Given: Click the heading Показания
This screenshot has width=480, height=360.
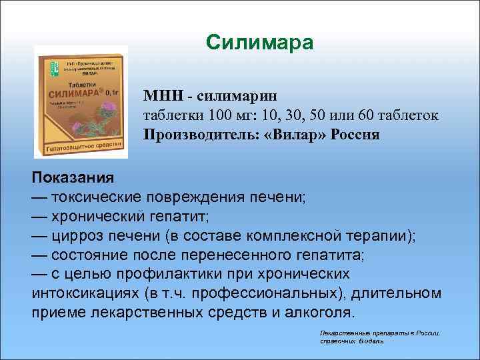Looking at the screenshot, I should [x=73, y=179].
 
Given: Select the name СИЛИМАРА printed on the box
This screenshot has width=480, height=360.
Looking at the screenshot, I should [x=74, y=95].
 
